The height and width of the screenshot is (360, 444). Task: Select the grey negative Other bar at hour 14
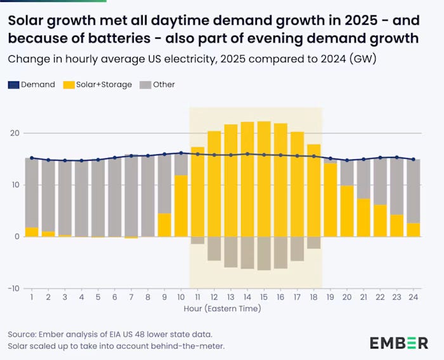click(247, 252)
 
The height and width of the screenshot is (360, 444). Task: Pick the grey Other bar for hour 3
click(65, 197)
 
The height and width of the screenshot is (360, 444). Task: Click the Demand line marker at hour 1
click(32, 158)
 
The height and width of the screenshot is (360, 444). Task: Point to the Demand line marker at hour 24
click(413, 159)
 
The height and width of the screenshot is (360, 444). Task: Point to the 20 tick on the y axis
click(15, 133)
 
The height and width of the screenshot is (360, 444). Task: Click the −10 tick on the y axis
click(13, 288)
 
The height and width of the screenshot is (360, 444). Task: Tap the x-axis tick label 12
click(214, 297)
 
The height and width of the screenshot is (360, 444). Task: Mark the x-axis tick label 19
click(330, 297)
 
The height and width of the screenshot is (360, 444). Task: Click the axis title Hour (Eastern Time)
click(222, 309)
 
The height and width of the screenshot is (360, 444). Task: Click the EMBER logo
click(399, 343)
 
